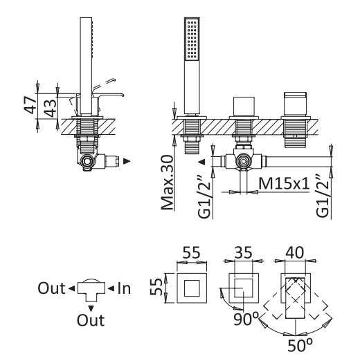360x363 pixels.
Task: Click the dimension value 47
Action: [x=30, y=105]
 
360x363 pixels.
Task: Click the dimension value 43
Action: [x=51, y=108]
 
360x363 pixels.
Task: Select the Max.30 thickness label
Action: [x=168, y=183]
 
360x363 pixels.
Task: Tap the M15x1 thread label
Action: [x=285, y=184]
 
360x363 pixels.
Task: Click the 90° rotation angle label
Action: [x=246, y=319]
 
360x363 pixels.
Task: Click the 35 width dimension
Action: [x=243, y=252]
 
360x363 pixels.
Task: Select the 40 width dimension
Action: [x=294, y=252]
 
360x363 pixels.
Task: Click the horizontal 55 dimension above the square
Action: [x=192, y=252]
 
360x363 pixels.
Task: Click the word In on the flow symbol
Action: [x=124, y=288]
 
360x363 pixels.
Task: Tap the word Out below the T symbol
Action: [x=91, y=320]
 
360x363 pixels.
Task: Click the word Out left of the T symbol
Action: [x=51, y=288]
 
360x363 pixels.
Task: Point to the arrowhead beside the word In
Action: [x=111, y=288]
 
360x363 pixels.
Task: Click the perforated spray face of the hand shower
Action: [x=192, y=39]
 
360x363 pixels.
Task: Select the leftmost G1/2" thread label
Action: [x=205, y=196]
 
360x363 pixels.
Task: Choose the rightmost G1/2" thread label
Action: [x=323, y=196]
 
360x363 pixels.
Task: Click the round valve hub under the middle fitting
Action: [x=244, y=160]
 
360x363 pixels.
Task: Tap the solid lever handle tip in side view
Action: [x=122, y=95]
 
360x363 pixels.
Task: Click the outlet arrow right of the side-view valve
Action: [x=127, y=161]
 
